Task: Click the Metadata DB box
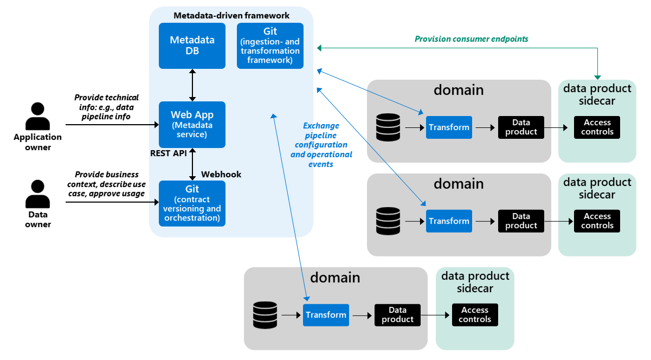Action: [192, 46]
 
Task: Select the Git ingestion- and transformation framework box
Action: [270, 46]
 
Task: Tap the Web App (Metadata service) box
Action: [192, 125]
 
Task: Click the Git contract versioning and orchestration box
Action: [192, 203]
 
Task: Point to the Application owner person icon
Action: [37, 116]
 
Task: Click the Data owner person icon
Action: [37, 194]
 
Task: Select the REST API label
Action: [168, 153]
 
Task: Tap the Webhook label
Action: [221, 174]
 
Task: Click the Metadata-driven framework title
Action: [231, 15]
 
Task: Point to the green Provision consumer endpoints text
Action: [471, 39]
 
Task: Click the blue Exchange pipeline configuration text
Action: [321, 145]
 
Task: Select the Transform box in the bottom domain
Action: [326, 315]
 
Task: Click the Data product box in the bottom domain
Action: [397, 315]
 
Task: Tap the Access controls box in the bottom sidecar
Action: [475, 315]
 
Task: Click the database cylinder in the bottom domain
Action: [265, 315]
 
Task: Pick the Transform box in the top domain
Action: [449, 127]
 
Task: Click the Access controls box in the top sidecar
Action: [597, 127]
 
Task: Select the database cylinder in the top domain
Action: [388, 127]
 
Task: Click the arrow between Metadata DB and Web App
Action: [192, 85]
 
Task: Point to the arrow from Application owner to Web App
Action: [112, 125]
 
